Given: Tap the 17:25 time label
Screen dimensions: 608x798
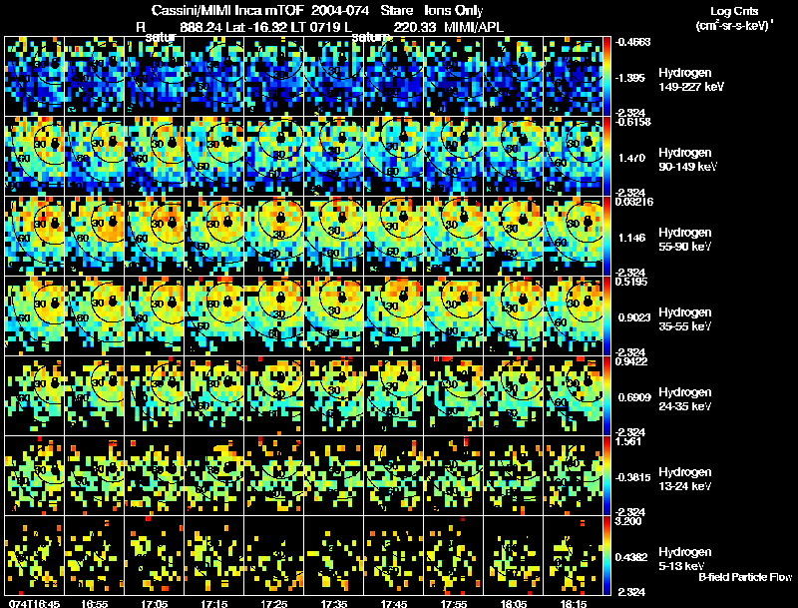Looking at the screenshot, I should coord(274,603).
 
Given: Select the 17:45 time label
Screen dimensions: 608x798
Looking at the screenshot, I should coord(394,603).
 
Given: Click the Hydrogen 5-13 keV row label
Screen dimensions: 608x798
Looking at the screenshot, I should coord(683,558).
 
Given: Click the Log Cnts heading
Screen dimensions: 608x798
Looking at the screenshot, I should coord(731,9).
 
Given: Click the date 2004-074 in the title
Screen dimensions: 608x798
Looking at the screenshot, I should coord(328,9).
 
